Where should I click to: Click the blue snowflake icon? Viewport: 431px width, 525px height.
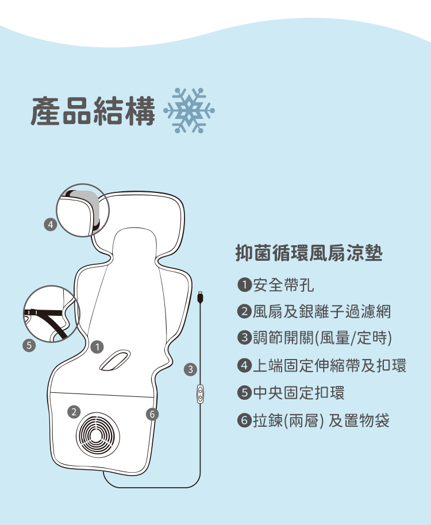tap(189, 110)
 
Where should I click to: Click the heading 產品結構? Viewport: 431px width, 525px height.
tap(93, 111)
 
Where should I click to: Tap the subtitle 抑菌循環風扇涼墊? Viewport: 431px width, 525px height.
tap(309, 253)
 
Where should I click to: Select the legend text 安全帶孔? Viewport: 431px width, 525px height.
tap(283, 285)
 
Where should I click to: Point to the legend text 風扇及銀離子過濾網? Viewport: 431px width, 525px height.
tap(321, 311)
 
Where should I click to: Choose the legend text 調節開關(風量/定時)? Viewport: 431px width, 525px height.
tap(322, 338)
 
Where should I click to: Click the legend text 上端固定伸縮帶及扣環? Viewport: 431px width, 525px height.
tap(329, 365)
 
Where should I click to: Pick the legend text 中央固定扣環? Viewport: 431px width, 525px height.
tap(299, 392)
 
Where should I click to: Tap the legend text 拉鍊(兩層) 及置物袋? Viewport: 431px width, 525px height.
tap(321, 420)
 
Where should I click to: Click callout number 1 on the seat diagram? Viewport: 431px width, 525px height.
tap(97, 346)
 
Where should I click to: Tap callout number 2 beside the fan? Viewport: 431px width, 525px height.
tap(74, 411)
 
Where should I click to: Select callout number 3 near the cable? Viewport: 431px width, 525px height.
tap(191, 369)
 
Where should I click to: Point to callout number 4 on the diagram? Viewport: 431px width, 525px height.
tap(51, 225)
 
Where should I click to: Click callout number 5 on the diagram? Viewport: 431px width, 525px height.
tap(29, 345)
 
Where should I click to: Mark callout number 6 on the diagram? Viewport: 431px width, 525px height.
tap(152, 415)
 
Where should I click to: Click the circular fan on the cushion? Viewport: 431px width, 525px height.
tap(98, 435)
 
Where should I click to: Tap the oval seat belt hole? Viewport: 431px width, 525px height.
tap(115, 360)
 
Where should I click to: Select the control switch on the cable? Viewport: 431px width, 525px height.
tap(200, 394)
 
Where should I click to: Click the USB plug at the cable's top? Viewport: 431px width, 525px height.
tap(200, 298)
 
